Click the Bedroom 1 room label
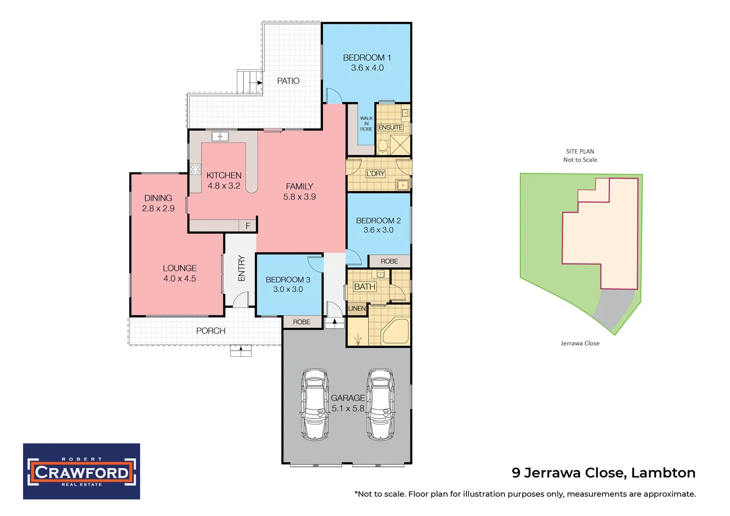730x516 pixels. pos(366,57)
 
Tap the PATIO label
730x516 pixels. pos(288,81)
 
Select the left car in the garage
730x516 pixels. pos(314,404)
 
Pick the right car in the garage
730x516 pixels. pos(380,404)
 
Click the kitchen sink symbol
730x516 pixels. pos(220,137)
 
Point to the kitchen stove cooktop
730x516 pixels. pos(195,169)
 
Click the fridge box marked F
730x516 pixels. pos(247,226)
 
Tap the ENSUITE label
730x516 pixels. pos(390,128)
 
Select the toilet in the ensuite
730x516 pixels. pos(383,146)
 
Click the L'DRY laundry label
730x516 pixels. pos(375,173)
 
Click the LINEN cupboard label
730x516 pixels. pos(357,309)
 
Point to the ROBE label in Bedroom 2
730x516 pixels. pos(389,261)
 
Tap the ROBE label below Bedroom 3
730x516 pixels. pos(301,322)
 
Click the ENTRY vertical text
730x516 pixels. pos(241,268)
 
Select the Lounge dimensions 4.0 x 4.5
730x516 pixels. pos(180,279)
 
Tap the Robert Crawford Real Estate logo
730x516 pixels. pos(82,471)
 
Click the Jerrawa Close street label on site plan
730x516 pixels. pos(580,343)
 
